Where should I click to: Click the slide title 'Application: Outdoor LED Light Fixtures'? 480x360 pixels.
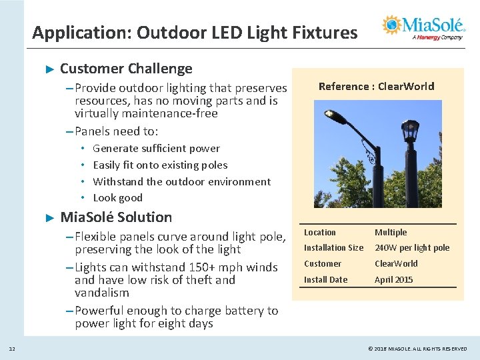coord(195,32)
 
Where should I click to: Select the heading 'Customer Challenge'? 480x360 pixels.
coord(126,69)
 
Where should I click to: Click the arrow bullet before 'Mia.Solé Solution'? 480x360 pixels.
coord(49,217)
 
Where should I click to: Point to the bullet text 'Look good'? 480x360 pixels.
coord(117,198)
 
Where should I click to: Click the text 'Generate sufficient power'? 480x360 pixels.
coord(156,149)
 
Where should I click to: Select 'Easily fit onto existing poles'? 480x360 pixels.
coord(160,165)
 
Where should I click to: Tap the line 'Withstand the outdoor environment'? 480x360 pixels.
coord(181,181)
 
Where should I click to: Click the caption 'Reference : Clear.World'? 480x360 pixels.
coord(376,86)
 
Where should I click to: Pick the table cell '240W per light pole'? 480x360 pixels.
coord(411,248)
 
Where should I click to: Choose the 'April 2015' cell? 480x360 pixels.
coord(393,280)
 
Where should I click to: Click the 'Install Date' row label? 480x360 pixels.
coord(325,280)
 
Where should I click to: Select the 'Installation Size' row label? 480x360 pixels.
coord(333,248)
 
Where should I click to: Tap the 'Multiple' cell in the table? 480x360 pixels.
coord(390,233)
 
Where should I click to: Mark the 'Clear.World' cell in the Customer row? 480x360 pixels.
coord(396,264)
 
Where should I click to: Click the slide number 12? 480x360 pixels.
coord(12,349)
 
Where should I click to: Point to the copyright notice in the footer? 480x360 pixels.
coord(417,349)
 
